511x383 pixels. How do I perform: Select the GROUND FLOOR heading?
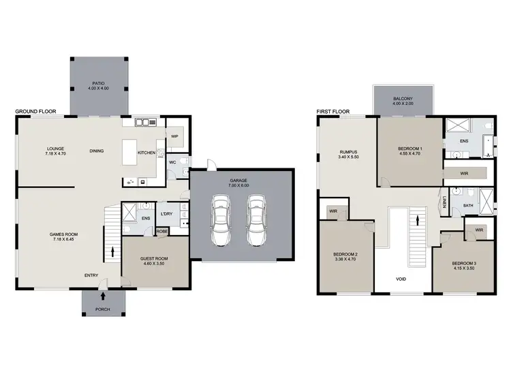[35, 111]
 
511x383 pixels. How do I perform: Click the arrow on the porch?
[102, 296]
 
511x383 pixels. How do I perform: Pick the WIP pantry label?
[174, 136]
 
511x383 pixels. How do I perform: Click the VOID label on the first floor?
[403, 279]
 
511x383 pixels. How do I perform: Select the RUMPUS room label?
[348, 151]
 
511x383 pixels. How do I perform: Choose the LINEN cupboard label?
[443, 202]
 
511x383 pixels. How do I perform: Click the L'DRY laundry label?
[167, 215]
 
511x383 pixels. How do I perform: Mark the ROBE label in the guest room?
[162, 232]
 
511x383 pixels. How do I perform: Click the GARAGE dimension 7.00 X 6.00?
[238, 185]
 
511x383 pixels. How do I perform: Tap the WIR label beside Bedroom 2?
[334, 211]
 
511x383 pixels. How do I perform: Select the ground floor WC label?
[174, 163]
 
